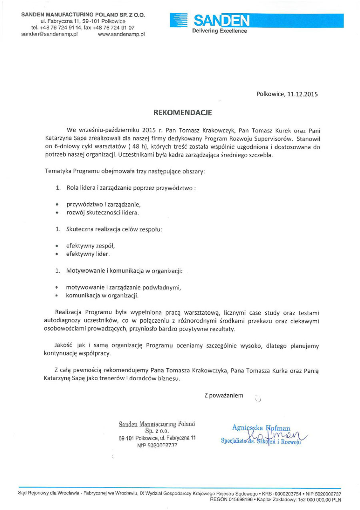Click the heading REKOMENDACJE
pyautogui.click(x=183, y=113)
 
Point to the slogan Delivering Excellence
pyautogui.click(x=220, y=31)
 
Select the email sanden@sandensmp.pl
pyautogui.click(x=49, y=34)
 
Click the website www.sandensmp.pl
pyautogui.click(x=121, y=34)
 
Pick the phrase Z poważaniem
pyautogui.click(x=224, y=396)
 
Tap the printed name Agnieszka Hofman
pyautogui.click(x=261, y=428)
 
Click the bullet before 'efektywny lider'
pyautogui.click(x=58, y=254)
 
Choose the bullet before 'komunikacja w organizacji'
pyautogui.click(x=58, y=295)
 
